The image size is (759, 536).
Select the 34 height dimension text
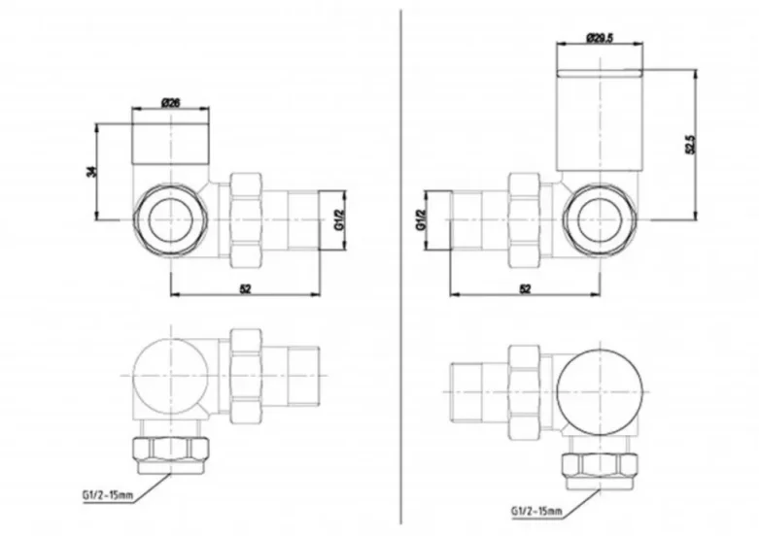coord(92,171)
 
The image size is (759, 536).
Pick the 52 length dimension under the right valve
coord(525,289)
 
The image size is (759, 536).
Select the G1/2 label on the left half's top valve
coord(339,219)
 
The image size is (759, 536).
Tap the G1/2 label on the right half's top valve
coord(421,220)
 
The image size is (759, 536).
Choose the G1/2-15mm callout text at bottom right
coord(536,509)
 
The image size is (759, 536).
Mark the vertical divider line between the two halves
coord(402,262)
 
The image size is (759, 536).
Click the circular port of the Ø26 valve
coord(169,219)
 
